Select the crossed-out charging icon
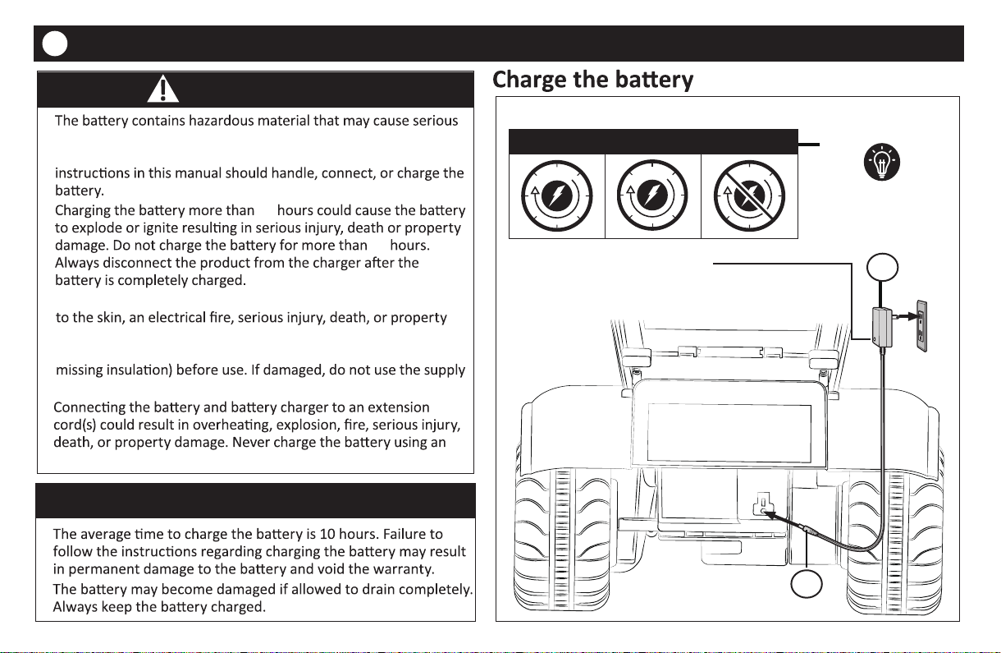750,197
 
